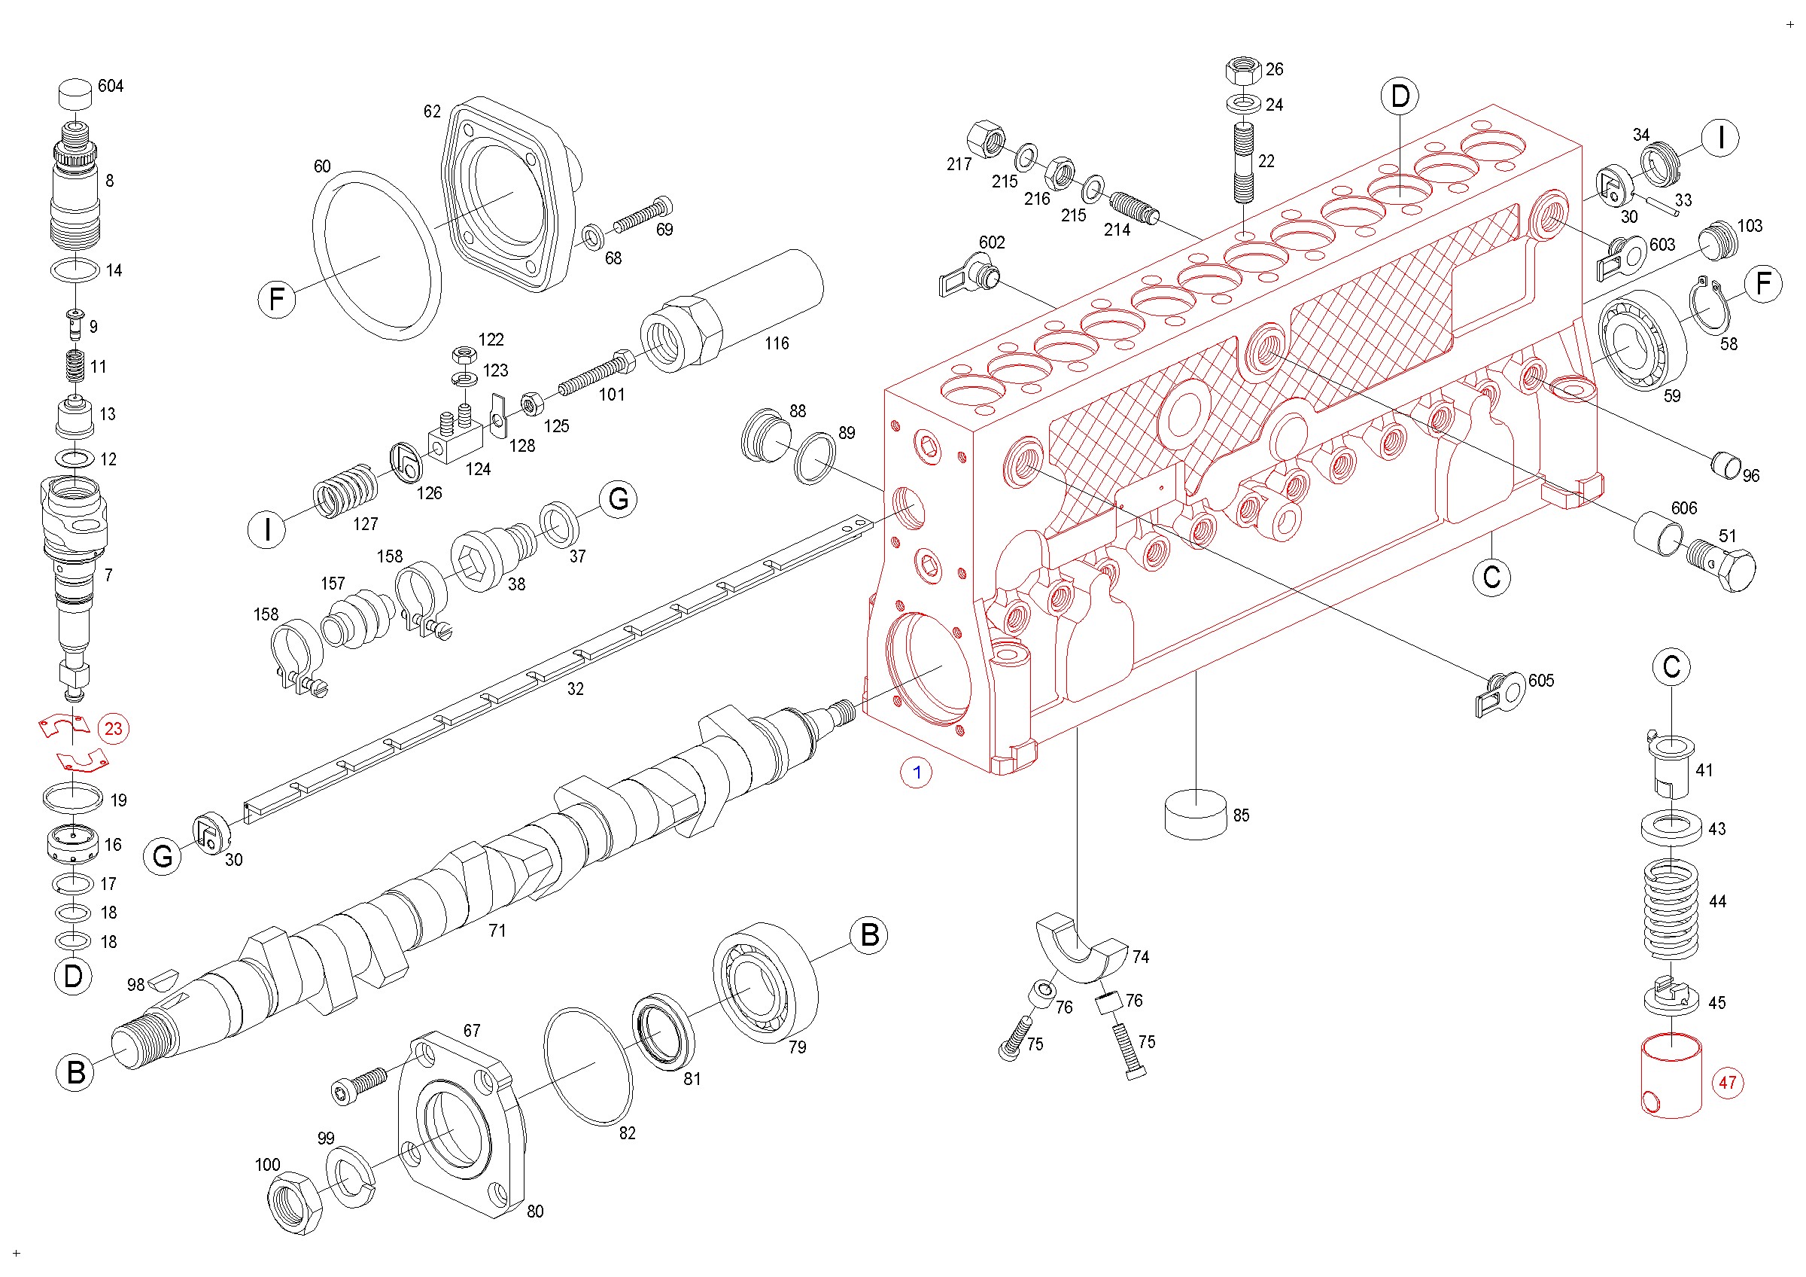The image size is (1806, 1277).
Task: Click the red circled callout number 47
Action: click(x=1727, y=1083)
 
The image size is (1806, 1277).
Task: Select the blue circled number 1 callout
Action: click(x=917, y=773)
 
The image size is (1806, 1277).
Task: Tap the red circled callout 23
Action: click(x=114, y=729)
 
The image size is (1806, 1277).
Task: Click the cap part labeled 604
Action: click(x=76, y=93)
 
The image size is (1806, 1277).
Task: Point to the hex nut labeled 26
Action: click(x=1244, y=72)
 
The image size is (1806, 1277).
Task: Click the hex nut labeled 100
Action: click(x=294, y=1202)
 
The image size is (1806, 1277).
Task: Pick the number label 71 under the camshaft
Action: click(x=497, y=931)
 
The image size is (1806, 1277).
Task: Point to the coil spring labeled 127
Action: click(x=345, y=491)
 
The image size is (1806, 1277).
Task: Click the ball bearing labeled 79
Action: click(x=765, y=983)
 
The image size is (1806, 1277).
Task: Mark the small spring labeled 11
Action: click(x=74, y=366)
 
